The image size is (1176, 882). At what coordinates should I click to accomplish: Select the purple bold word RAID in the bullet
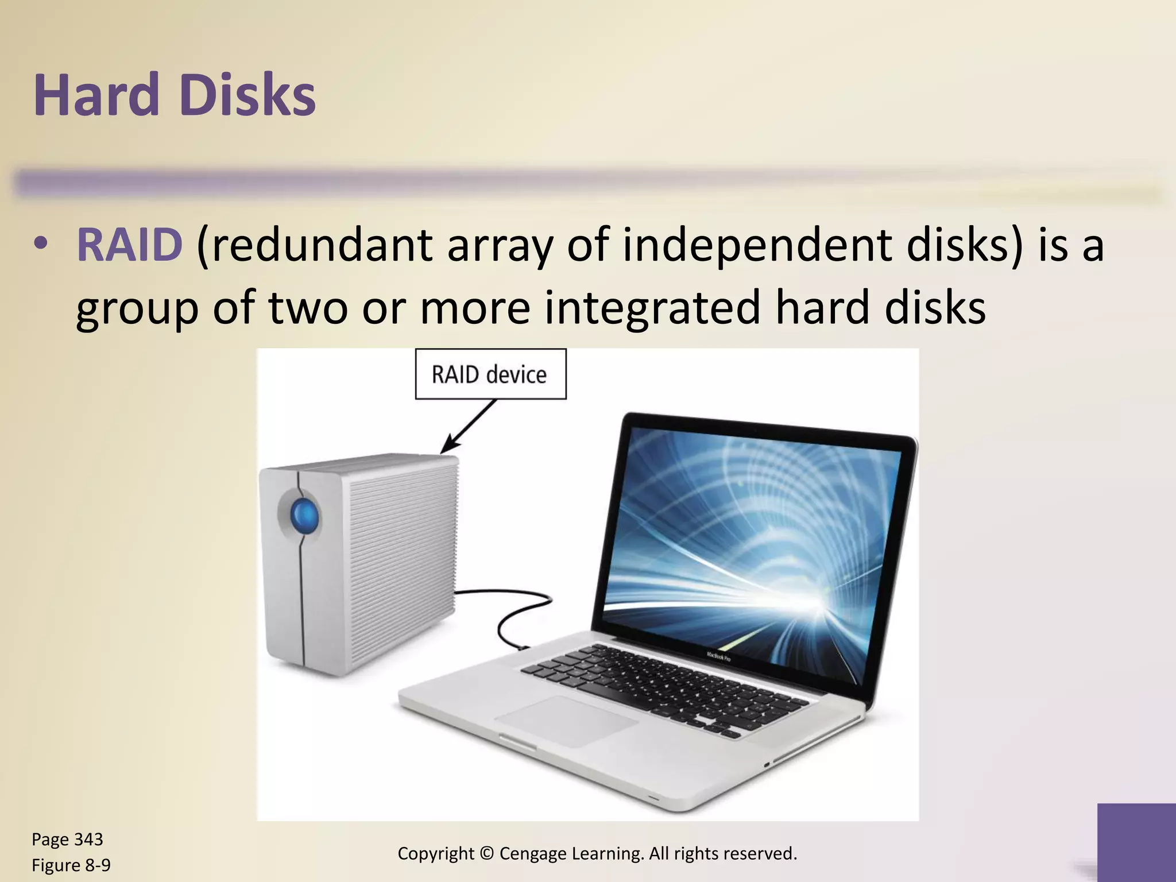coord(130,245)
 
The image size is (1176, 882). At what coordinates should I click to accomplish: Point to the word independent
coord(757,245)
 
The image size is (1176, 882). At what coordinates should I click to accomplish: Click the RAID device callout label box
coord(490,374)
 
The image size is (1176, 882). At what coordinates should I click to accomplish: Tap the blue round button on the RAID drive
coord(304,514)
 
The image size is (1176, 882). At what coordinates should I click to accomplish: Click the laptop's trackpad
coord(566,721)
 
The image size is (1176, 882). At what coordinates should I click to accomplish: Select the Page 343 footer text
coord(67,840)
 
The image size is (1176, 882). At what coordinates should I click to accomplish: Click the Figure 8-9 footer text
coord(71,865)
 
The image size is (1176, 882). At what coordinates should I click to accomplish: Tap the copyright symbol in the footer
coord(486,854)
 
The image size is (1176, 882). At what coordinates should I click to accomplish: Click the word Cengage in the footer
coord(533,854)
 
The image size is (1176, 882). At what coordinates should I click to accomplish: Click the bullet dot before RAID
coord(39,245)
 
